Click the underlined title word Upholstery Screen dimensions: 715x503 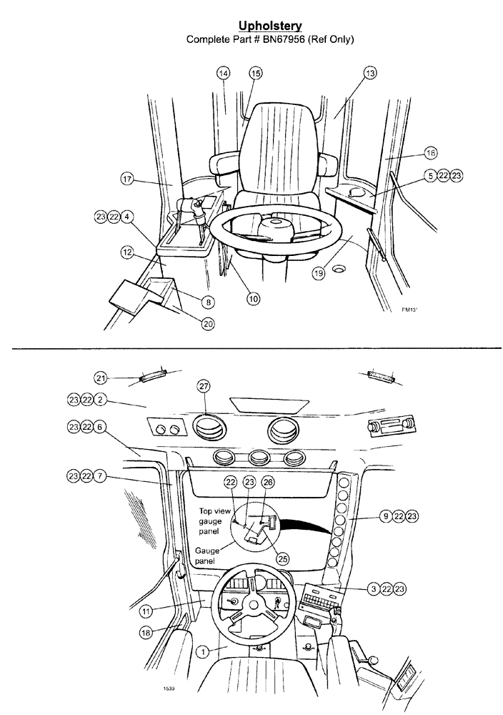pyautogui.click(x=269, y=26)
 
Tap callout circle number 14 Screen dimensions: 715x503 pyautogui.click(x=224, y=73)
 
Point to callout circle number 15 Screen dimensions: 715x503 pyautogui.click(x=255, y=73)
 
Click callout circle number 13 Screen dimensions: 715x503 pyautogui.click(x=369, y=73)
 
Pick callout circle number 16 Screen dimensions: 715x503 pyautogui.click(x=430, y=152)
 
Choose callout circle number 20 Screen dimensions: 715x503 pyautogui.click(x=207, y=323)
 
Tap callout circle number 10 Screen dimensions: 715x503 pyautogui.click(x=253, y=299)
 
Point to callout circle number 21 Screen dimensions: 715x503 pyautogui.click(x=103, y=378)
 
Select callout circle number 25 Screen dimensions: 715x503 pyautogui.click(x=283, y=559)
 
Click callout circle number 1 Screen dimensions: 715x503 pyautogui.click(x=203, y=651)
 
